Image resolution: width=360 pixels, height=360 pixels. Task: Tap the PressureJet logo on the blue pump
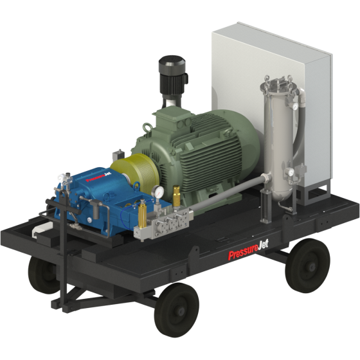pyautogui.click(x=98, y=177)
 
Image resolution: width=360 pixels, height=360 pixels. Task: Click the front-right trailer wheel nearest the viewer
pyautogui.click(x=176, y=310)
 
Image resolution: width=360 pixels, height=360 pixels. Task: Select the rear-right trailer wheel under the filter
pyautogui.click(x=307, y=265)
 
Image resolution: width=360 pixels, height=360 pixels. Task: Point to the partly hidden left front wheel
pyautogui.click(x=42, y=275)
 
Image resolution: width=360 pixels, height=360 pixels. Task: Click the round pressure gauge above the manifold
pyautogui.click(x=157, y=192)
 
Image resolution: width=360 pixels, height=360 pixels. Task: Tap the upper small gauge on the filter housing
pyautogui.click(x=294, y=106)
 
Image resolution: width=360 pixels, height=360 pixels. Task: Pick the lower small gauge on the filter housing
pyautogui.click(x=291, y=172)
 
